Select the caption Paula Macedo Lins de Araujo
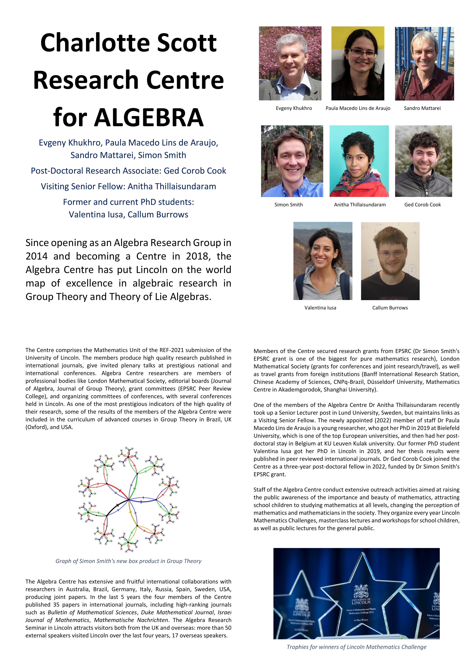tap(358, 108)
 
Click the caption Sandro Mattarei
tap(422, 108)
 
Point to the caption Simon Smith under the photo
tap(288, 204)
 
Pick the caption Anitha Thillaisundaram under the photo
tap(360, 204)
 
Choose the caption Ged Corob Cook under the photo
tap(422, 204)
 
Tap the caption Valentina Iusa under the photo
tap(320, 308)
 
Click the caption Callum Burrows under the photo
tap(390, 308)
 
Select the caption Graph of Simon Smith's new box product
tap(128, 561)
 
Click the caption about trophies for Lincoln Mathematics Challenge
tap(356, 647)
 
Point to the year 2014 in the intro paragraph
tap(37, 256)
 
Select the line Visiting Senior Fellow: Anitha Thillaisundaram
tap(128, 186)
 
